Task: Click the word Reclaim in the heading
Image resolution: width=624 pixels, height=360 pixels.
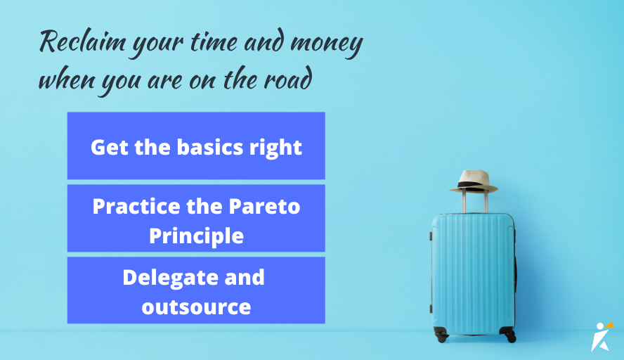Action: [75, 44]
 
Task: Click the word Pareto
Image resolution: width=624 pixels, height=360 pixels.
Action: [265, 207]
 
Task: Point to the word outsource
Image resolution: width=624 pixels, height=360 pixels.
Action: [196, 307]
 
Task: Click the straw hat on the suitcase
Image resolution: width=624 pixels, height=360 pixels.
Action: [474, 180]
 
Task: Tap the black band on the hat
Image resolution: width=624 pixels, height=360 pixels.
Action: [472, 186]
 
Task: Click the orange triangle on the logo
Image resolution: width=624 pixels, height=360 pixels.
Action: [609, 325]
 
